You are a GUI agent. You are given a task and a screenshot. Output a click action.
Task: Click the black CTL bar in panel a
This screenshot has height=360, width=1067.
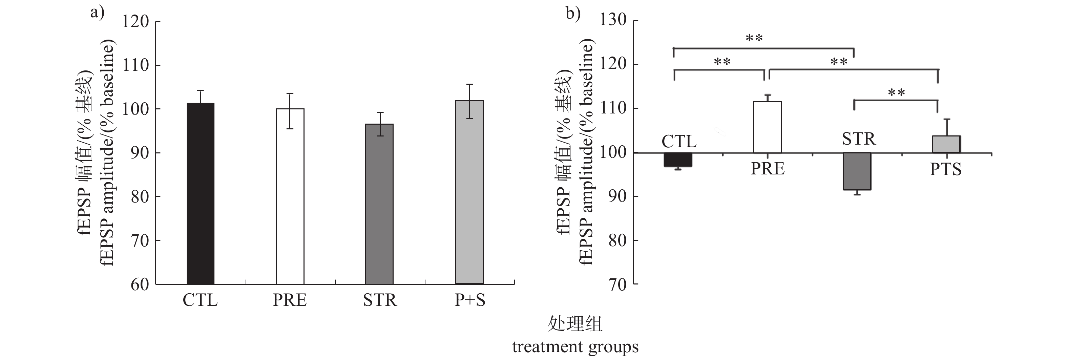point(201,193)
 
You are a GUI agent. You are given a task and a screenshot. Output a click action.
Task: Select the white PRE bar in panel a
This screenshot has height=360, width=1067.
point(290,196)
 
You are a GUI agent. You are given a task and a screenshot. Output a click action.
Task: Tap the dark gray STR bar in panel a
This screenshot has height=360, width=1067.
point(379,204)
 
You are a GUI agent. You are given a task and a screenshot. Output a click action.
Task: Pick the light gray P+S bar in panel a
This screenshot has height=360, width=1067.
point(469,192)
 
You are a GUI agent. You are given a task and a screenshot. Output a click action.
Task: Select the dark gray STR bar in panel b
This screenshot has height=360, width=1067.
point(857,171)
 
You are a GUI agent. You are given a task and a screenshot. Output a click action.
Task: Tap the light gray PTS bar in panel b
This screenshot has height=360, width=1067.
point(946,144)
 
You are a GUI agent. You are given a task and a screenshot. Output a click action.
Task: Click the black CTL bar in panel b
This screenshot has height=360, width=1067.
point(678,160)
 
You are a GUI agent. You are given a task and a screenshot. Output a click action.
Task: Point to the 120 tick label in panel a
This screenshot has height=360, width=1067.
point(135,22)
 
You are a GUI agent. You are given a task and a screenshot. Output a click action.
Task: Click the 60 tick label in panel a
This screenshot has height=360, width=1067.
point(140,284)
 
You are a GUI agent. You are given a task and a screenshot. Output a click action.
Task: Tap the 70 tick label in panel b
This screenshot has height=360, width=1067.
point(617,284)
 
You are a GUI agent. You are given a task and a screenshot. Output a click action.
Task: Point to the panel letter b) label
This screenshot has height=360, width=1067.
point(573,14)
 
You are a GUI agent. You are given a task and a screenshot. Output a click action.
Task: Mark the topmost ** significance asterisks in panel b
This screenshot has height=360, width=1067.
point(754,39)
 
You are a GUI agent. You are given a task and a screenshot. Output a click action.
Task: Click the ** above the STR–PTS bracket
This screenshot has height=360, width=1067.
point(896,92)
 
